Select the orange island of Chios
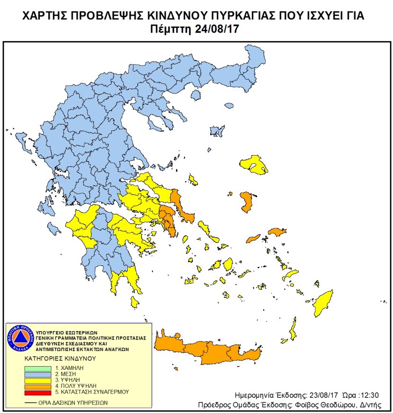tap(246, 202)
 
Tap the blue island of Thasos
tap(217, 131)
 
